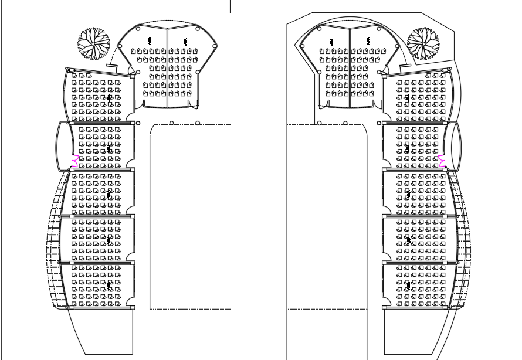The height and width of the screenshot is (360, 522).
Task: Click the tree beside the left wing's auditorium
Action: (x=94, y=43)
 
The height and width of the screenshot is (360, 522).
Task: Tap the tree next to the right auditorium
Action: (x=423, y=43)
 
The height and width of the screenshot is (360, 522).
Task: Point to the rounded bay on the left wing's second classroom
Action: (x=63, y=144)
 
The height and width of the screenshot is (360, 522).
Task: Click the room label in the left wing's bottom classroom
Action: (x=109, y=285)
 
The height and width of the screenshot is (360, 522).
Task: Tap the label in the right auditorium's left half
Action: (x=332, y=41)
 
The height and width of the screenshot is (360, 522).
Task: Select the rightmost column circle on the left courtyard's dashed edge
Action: (x=198, y=123)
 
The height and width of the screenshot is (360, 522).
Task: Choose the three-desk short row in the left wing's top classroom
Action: (x=82, y=76)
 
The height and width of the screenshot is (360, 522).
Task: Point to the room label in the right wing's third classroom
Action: (x=408, y=194)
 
